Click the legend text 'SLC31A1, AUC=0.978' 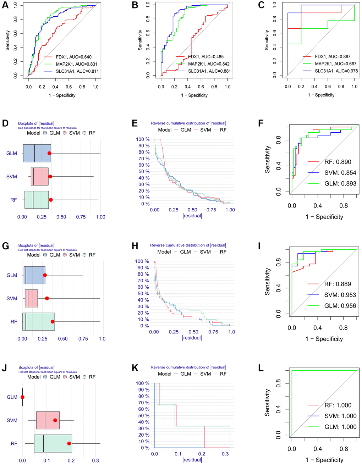click(x=336, y=71)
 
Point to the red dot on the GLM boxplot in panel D click(x=49, y=153)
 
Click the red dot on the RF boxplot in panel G click(x=53, y=322)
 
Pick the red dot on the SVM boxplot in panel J click(x=55, y=420)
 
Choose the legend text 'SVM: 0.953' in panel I click(x=340, y=295)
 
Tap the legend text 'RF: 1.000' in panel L click(x=338, y=405)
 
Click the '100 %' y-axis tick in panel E click(x=143, y=139)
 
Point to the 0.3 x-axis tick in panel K click(x=225, y=454)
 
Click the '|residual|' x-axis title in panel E click(x=192, y=216)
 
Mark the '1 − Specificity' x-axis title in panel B click(x=194, y=95)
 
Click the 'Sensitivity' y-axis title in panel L click(x=267, y=403)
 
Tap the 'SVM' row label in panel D click(x=12, y=177)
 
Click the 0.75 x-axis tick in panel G click(x=83, y=339)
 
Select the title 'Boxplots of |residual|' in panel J click(x=36, y=367)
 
